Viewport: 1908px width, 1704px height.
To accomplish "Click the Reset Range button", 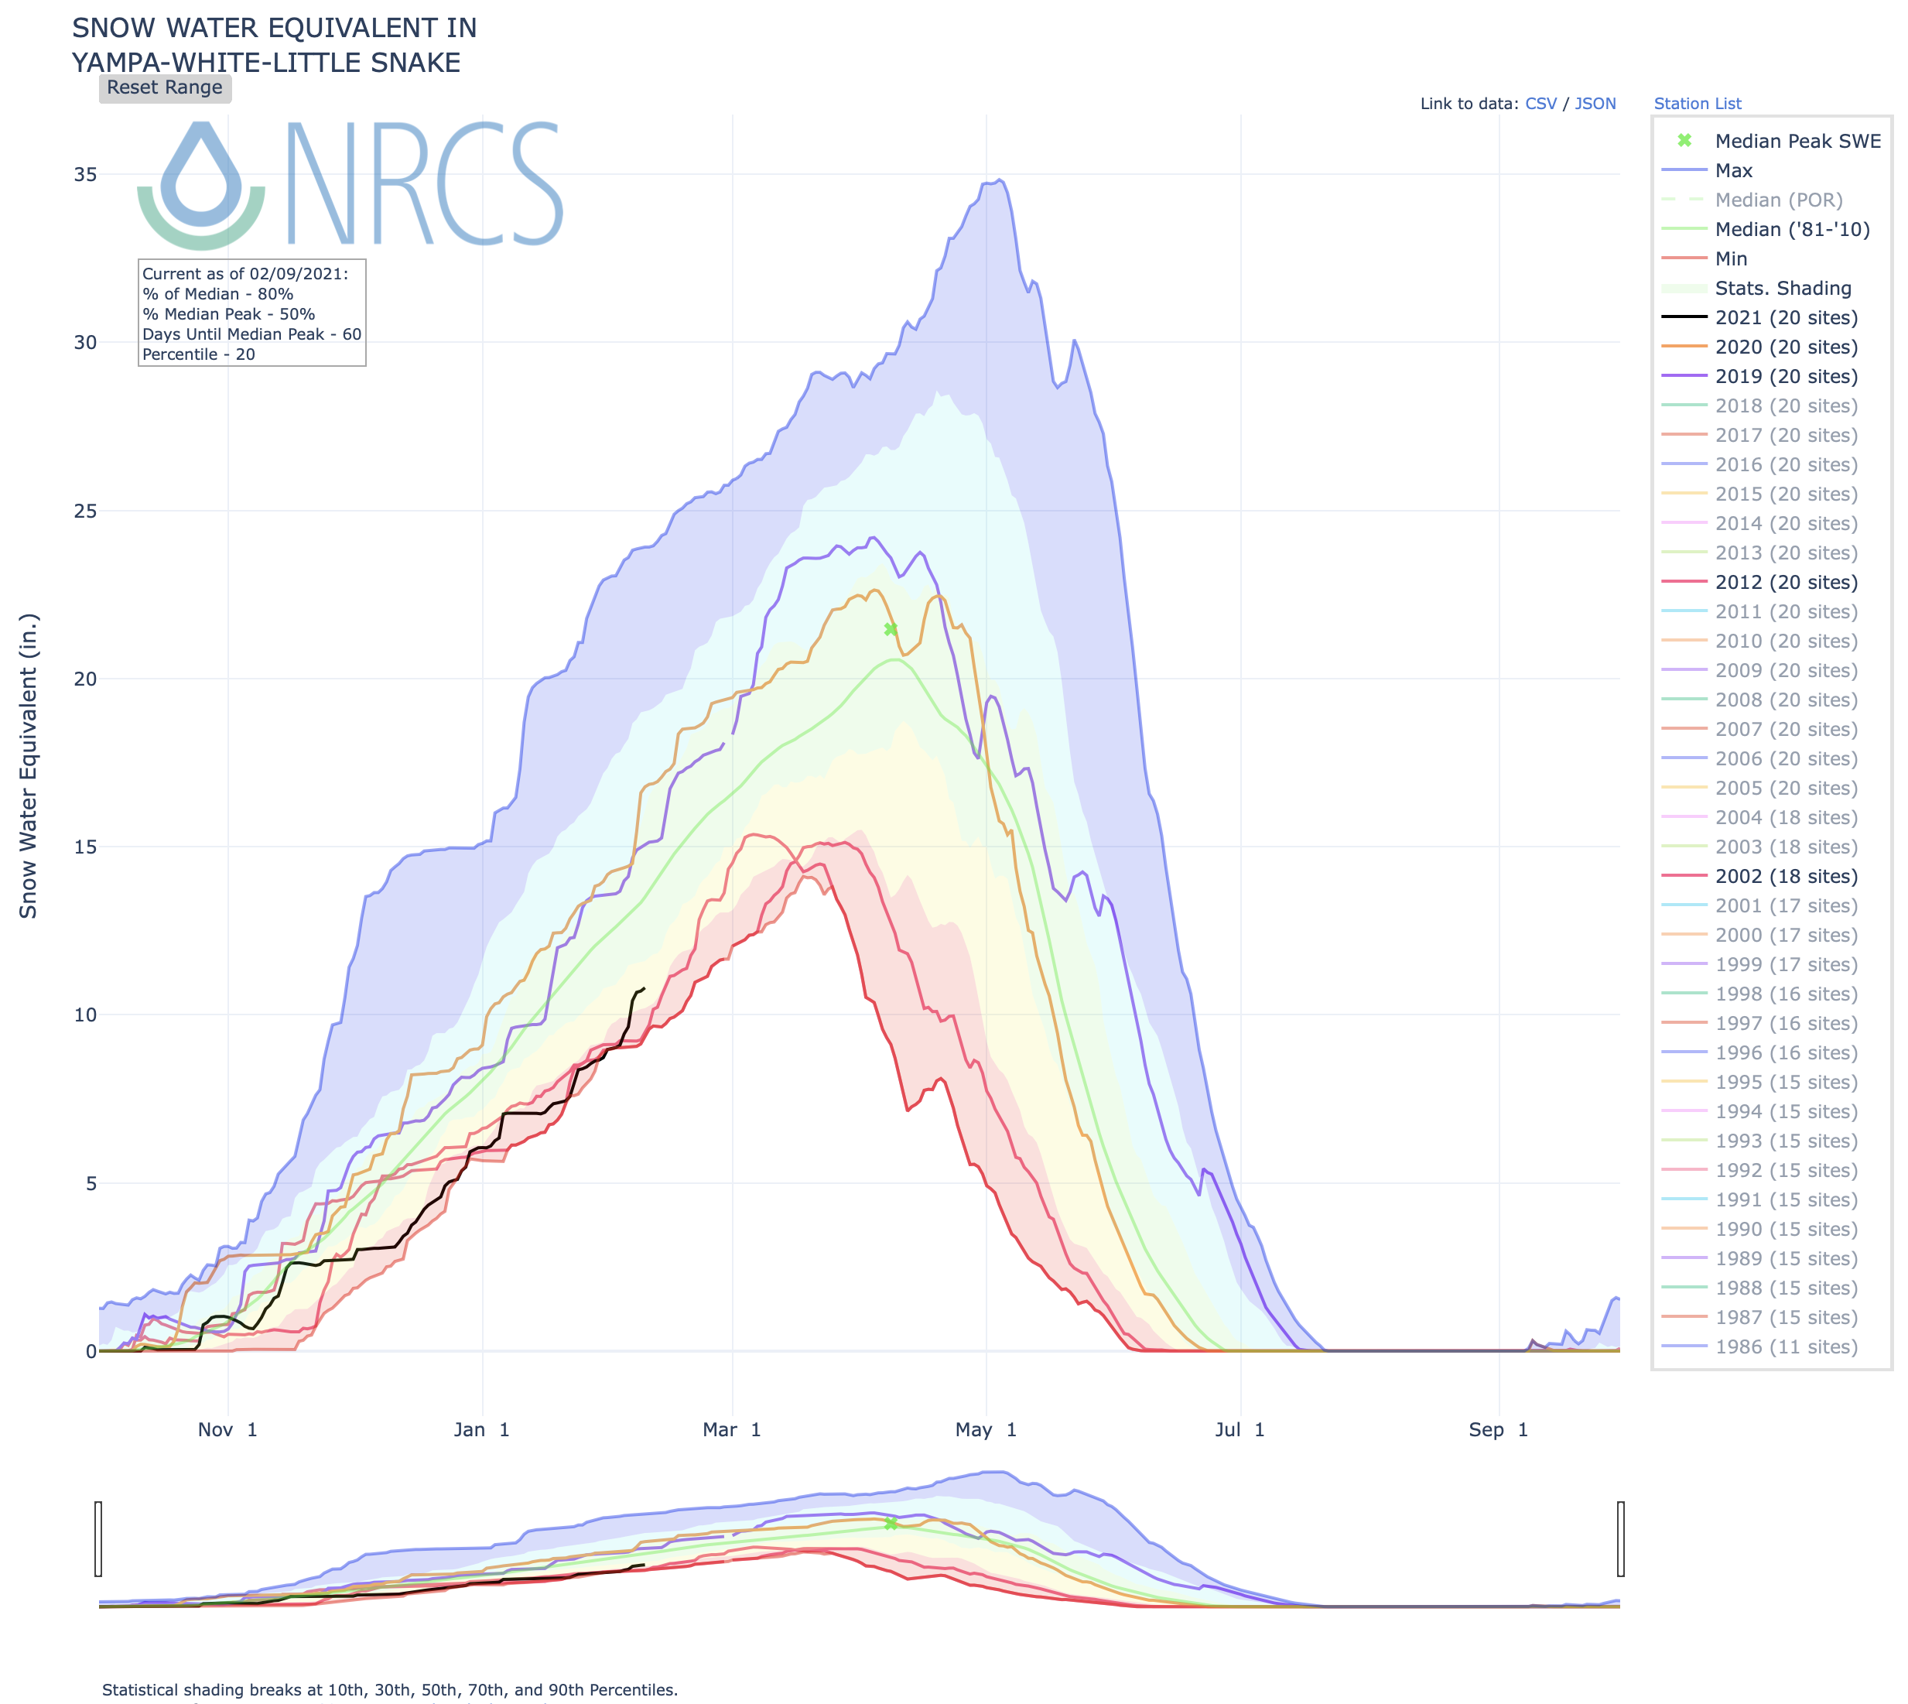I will [165, 88].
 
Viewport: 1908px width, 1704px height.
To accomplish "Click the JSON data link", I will [1595, 104].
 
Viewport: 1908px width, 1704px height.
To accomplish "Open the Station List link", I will [1697, 104].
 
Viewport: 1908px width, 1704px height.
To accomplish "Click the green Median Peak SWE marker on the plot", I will [891, 629].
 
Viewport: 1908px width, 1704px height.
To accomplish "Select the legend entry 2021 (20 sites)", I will [1785, 318].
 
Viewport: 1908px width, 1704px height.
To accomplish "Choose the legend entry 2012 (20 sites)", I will [1785, 583].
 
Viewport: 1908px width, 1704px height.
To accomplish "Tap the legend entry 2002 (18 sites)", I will [1785, 876].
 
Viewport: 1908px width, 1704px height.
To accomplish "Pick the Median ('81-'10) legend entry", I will [1791, 229].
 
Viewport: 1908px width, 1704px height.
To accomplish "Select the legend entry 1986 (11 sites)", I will [1785, 1347].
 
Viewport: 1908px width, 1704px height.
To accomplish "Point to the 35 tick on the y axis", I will [85, 175].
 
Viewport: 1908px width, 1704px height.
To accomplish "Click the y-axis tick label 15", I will [85, 847].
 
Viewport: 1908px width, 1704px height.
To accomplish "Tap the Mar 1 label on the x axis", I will [731, 1430].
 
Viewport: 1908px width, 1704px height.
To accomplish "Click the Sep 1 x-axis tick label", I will [1497, 1430].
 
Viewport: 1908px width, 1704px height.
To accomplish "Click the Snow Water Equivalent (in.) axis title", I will [28, 766].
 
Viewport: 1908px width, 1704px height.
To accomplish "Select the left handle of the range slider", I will [98, 1539].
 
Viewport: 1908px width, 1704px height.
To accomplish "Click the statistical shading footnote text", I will [389, 1690].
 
